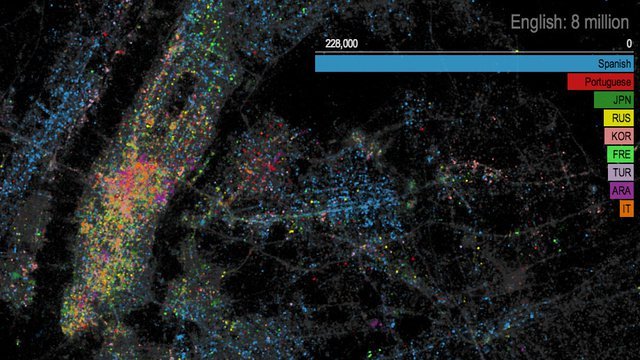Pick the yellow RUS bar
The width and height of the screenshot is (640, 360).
pos(620,118)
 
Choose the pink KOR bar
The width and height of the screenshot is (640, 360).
pos(620,136)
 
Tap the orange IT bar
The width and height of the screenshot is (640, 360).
pos(626,208)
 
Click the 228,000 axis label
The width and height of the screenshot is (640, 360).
pos(342,44)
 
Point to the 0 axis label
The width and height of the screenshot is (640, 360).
pos(629,44)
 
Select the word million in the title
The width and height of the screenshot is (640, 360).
pos(606,22)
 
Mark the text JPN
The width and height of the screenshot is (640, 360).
pos(622,100)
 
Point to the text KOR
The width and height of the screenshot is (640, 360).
pos(622,136)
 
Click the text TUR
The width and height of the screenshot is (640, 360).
pos(622,172)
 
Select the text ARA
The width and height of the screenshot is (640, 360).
pos(622,190)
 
